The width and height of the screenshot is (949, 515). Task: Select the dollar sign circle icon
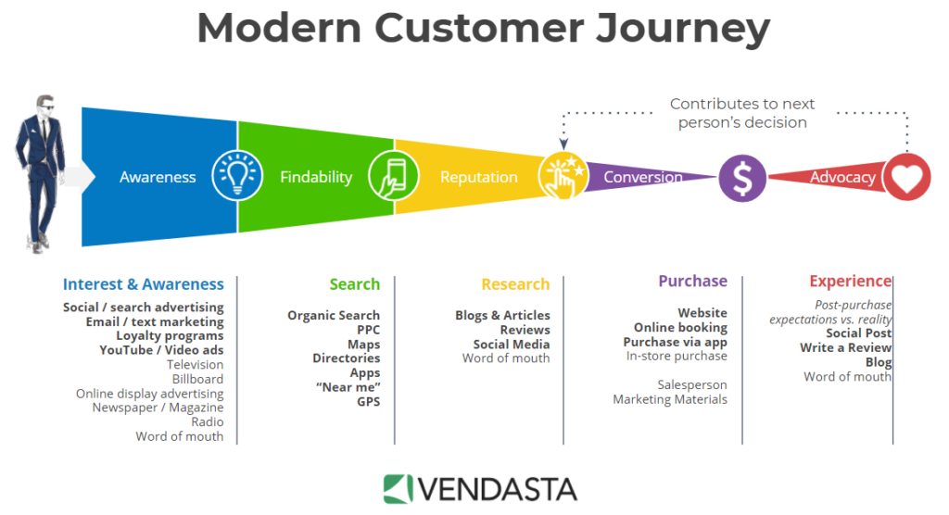tap(742, 177)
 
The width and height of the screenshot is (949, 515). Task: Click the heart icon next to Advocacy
tap(905, 177)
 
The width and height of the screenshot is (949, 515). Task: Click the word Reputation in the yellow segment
tap(478, 177)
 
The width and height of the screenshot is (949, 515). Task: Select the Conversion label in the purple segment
tap(643, 177)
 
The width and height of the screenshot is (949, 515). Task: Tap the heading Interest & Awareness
tap(143, 284)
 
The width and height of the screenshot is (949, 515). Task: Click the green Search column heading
tap(354, 284)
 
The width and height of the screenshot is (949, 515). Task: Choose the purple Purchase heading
tap(692, 281)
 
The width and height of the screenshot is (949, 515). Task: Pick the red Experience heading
tap(850, 281)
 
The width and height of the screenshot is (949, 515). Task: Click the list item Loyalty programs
tap(170, 335)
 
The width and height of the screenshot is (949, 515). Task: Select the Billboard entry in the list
tap(197, 379)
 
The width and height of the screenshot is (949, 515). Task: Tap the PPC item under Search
tap(368, 330)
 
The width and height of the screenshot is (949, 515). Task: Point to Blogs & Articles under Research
tap(502, 315)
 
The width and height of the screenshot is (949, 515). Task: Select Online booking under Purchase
tap(680, 327)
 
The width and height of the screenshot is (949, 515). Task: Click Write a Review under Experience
tap(845, 347)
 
